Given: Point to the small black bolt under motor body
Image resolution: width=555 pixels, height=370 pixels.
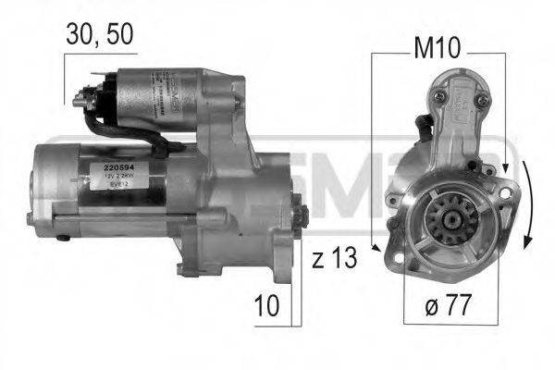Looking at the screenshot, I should (64, 238).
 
